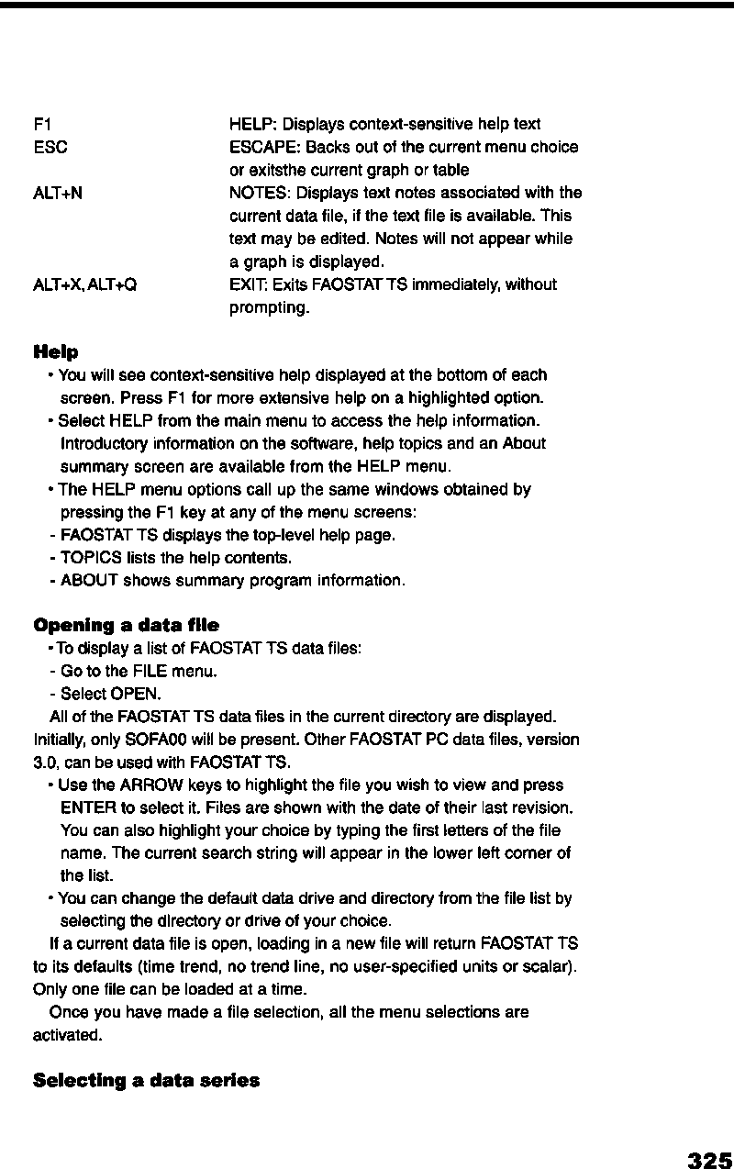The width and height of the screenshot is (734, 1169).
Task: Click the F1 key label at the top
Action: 39,124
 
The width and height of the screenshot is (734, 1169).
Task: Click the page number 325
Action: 709,1160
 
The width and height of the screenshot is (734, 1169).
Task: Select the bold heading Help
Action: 55,352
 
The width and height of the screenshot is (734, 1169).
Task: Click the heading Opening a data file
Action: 126,625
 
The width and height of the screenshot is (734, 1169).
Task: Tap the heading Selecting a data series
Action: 146,1080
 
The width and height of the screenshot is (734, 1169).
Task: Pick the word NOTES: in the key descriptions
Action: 256,193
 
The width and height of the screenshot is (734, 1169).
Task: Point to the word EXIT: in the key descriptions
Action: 247,284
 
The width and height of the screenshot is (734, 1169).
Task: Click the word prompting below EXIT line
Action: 269,307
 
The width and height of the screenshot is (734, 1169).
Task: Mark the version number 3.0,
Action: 46,762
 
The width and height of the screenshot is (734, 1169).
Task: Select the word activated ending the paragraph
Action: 67,1035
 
